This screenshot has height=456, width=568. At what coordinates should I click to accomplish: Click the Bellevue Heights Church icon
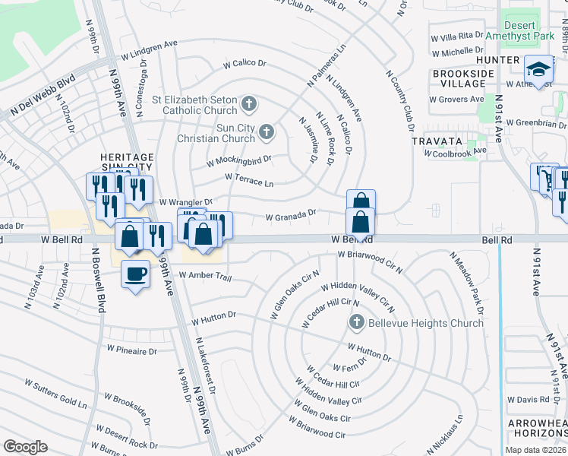(356, 323)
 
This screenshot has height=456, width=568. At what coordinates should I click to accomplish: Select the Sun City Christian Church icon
(266, 133)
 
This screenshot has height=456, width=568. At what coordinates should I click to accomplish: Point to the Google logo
(26, 447)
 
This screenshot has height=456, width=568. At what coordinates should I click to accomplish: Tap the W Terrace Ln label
(249, 179)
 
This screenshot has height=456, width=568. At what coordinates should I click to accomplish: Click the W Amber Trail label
(204, 276)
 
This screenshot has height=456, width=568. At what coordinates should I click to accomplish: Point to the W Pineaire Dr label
(131, 351)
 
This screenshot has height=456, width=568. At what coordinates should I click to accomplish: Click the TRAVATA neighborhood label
(437, 141)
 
